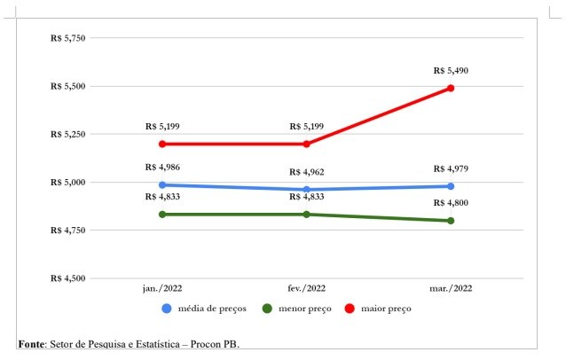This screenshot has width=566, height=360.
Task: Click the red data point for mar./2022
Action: pyautogui.click(x=451, y=88)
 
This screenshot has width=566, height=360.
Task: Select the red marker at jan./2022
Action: pyautogui.click(x=162, y=144)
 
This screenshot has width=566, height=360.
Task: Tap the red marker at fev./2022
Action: pyautogui.click(x=307, y=144)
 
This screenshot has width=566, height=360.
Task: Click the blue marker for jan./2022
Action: pyautogui.click(x=162, y=185)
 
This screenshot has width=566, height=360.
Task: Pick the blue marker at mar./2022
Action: pyautogui.click(x=451, y=186)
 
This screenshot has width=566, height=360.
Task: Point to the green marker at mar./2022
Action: pyautogui.click(x=451, y=221)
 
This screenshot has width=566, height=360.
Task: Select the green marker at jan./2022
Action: pyautogui.click(x=162, y=215)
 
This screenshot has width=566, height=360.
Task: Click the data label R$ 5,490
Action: pyautogui.click(x=451, y=70)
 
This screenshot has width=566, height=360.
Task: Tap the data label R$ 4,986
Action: pyautogui.click(x=162, y=168)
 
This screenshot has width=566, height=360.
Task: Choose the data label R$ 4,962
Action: pyautogui.click(x=307, y=172)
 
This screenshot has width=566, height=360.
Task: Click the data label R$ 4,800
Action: pyautogui.click(x=451, y=203)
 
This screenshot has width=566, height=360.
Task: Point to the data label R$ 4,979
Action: pyautogui.click(x=451, y=168)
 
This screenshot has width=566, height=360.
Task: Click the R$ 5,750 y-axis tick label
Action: pyautogui.click(x=67, y=38)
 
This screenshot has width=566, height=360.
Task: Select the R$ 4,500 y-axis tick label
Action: pyautogui.click(x=67, y=278)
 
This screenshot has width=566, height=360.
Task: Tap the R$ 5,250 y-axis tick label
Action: pyautogui.click(x=67, y=135)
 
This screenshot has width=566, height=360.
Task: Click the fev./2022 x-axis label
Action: pyautogui.click(x=307, y=288)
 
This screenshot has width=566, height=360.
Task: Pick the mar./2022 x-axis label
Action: pyautogui.click(x=451, y=288)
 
